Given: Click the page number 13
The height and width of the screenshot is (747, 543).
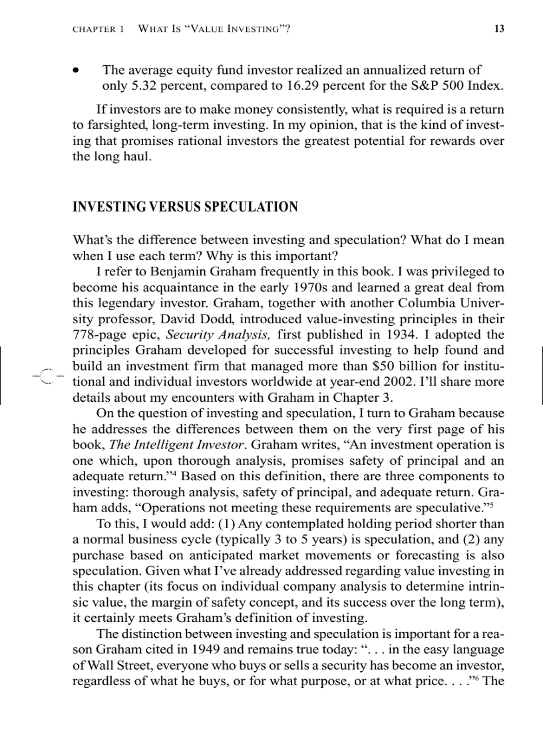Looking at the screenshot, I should coord(497,29).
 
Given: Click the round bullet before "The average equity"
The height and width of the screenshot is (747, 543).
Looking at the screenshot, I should coord(79,70).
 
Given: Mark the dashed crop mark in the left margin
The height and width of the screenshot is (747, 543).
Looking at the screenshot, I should coord(45,376).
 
